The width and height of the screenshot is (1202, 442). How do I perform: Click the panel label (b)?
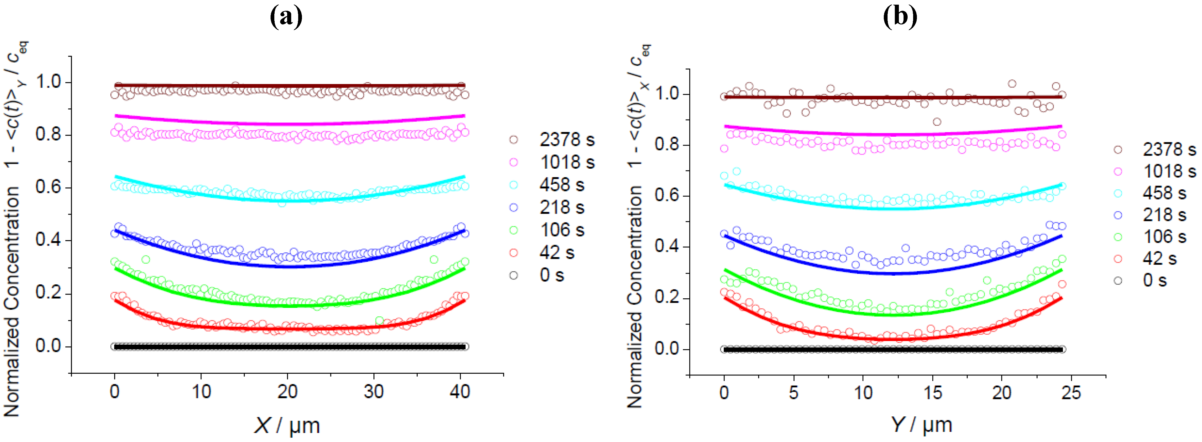tap(900, 18)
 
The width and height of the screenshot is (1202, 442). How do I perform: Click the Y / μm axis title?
tap(921, 425)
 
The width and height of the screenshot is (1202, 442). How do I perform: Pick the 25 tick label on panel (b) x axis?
tap(1071, 393)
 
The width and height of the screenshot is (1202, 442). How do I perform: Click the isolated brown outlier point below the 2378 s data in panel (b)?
tap(936, 122)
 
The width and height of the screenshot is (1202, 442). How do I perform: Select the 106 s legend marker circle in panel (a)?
tap(513, 230)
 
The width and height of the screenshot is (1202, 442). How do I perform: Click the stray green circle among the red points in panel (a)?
tap(379, 321)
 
